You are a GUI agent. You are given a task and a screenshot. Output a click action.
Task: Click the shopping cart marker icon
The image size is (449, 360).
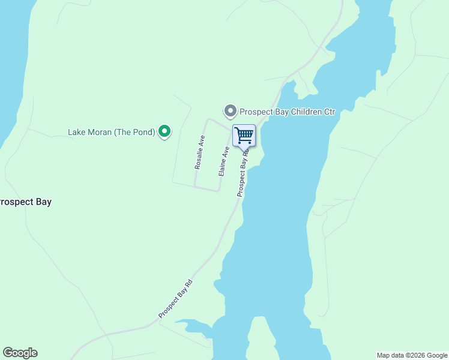tap(244, 135)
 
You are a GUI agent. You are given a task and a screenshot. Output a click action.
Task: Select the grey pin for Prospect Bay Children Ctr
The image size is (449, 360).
tap(230, 111)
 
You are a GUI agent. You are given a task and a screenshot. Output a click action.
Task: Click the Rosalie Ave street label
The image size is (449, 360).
tap(200, 152)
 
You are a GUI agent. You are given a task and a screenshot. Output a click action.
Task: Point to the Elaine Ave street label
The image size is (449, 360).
tap(224, 160)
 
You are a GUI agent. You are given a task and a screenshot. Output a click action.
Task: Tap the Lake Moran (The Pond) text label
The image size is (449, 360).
tap(112, 132)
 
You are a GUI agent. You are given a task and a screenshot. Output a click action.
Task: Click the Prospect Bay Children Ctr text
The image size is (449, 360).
tap(287, 112)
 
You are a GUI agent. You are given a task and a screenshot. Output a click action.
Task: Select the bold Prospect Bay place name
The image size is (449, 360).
tap(25, 202)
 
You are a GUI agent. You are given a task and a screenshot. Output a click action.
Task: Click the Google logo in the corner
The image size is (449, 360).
tap(20, 353)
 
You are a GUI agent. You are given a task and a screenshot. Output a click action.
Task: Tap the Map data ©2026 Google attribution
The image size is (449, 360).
tap(412, 355)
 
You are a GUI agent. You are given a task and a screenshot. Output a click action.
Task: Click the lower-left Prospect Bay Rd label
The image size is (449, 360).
tap(175, 299)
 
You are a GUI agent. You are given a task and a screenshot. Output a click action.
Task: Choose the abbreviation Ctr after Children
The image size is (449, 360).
tap(328, 112)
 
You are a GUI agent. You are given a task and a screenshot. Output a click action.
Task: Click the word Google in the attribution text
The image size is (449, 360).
tap(436, 355)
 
